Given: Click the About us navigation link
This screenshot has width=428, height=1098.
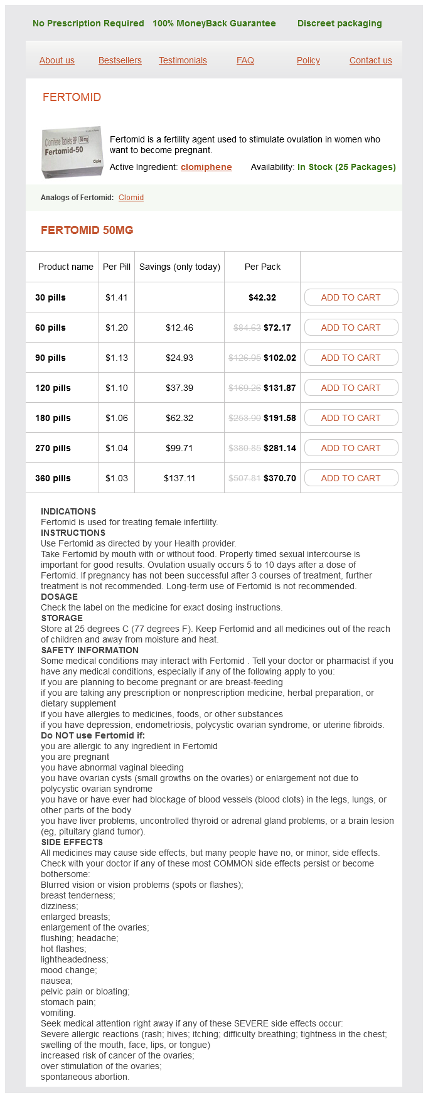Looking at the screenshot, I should [57, 60].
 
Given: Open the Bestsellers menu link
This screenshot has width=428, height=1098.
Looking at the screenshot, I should [120, 60].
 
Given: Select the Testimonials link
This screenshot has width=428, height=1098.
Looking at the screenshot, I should [183, 60].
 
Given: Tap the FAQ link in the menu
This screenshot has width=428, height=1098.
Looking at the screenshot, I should [245, 60].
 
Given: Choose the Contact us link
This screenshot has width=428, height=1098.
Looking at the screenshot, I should [371, 60].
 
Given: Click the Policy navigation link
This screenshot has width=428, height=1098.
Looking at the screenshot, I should [308, 60].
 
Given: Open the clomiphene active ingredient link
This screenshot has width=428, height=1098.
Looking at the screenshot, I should [206, 167].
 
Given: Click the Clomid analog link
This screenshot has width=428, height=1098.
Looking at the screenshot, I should [131, 198].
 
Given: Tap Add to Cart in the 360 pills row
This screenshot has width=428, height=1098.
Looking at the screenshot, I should [351, 478].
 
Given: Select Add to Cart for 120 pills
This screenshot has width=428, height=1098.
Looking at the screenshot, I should [351, 388].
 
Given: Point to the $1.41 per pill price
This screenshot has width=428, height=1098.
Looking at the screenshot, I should [117, 297].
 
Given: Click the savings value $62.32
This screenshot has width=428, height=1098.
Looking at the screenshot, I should [179, 418].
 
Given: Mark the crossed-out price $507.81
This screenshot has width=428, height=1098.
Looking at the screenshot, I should [245, 478].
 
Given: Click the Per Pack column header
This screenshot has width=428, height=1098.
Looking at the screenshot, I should [262, 267].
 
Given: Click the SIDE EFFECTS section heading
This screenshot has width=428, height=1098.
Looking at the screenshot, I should [72, 842].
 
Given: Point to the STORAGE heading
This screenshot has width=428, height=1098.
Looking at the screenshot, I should [62, 618].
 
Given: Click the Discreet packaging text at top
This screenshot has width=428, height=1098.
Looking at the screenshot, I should [340, 23].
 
